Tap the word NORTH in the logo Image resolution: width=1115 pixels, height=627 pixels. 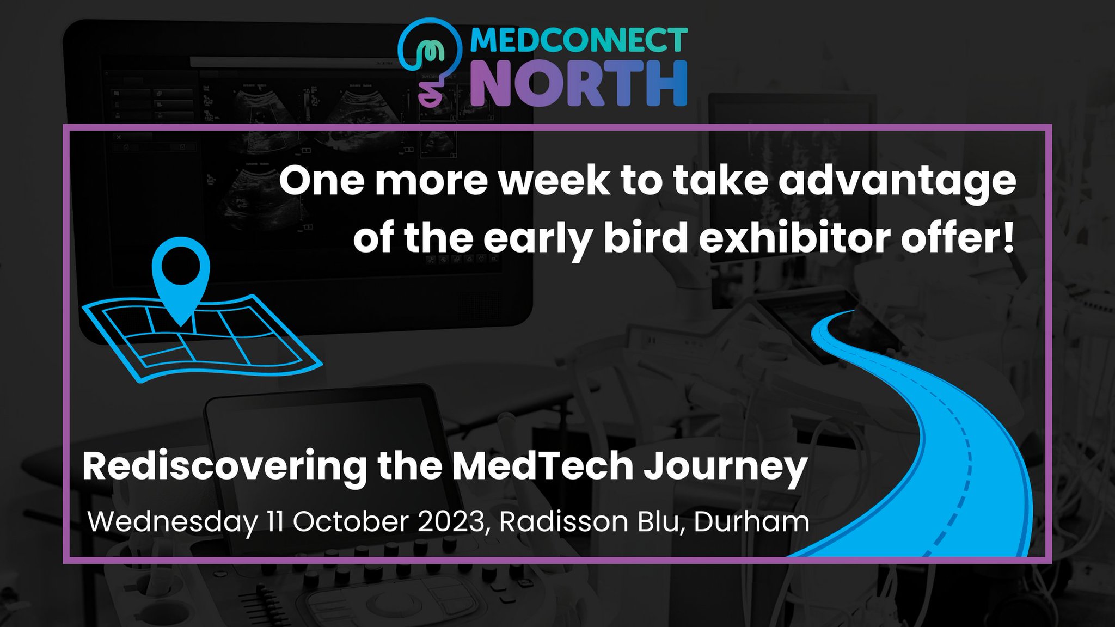[x=578, y=83]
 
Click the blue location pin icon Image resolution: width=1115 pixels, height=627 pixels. [x=181, y=278]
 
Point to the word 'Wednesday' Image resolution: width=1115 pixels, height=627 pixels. [x=173, y=522]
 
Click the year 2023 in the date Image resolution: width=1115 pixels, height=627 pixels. [x=451, y=521]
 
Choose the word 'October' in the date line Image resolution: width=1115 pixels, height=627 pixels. [x=351, y=521]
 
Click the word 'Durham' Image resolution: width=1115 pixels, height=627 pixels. [x=751, y=521]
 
